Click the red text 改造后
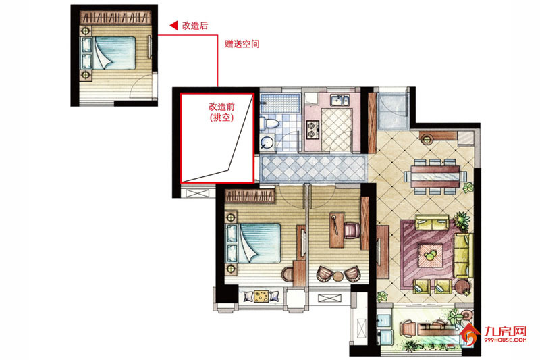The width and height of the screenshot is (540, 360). click(194, 25)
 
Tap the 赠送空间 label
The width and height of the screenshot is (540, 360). click(242, 43)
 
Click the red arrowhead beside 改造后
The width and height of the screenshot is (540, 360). click(173, 25)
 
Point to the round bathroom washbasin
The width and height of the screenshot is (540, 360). click(266, 141)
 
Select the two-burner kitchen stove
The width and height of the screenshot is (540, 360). click(313, 125)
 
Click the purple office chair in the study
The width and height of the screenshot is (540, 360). click(351, 231)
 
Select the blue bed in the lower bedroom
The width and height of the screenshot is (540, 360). click(258, 243)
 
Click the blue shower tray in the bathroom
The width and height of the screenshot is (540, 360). click(279, 103)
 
